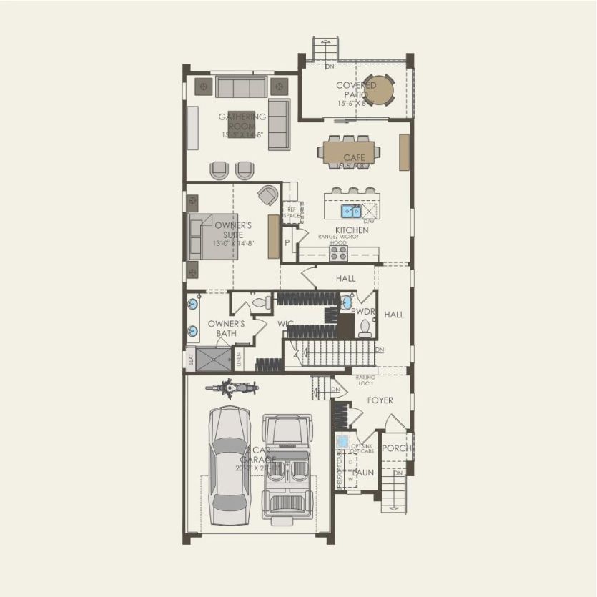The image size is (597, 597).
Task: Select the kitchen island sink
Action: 350,211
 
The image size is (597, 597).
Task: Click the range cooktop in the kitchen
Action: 338,253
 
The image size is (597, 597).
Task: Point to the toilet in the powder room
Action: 365,328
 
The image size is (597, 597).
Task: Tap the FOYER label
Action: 380,400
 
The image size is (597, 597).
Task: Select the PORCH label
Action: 395,448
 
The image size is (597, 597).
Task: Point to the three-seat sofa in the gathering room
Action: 241,87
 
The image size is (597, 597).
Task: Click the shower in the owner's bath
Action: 214,359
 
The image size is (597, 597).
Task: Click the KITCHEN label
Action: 352,230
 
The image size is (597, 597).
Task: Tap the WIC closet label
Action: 285,324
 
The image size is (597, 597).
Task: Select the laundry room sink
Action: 342,441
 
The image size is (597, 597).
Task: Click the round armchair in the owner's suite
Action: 268,194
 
